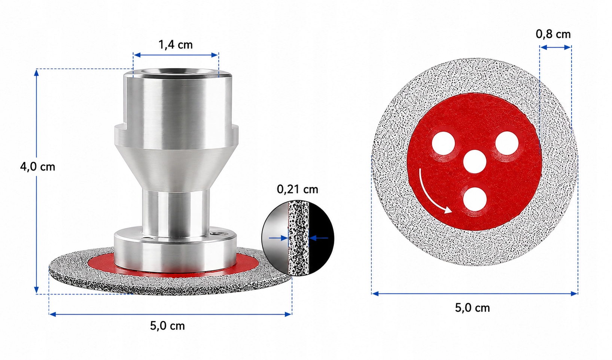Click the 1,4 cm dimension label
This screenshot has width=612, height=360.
click(176, 45)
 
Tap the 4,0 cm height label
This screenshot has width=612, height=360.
click(37, 167)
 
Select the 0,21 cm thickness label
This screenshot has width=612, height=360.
click(297, 189)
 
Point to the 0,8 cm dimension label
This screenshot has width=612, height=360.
click(553, 34)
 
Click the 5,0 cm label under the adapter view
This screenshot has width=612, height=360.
click(167, 326)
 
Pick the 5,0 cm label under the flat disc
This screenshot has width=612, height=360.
click(472, 308)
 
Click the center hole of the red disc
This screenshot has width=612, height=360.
click(475, 161)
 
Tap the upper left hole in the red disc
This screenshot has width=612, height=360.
click(443, 143)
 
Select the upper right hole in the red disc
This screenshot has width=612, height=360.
click(507, 143)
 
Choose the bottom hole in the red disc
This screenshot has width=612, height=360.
click(475, 199)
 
